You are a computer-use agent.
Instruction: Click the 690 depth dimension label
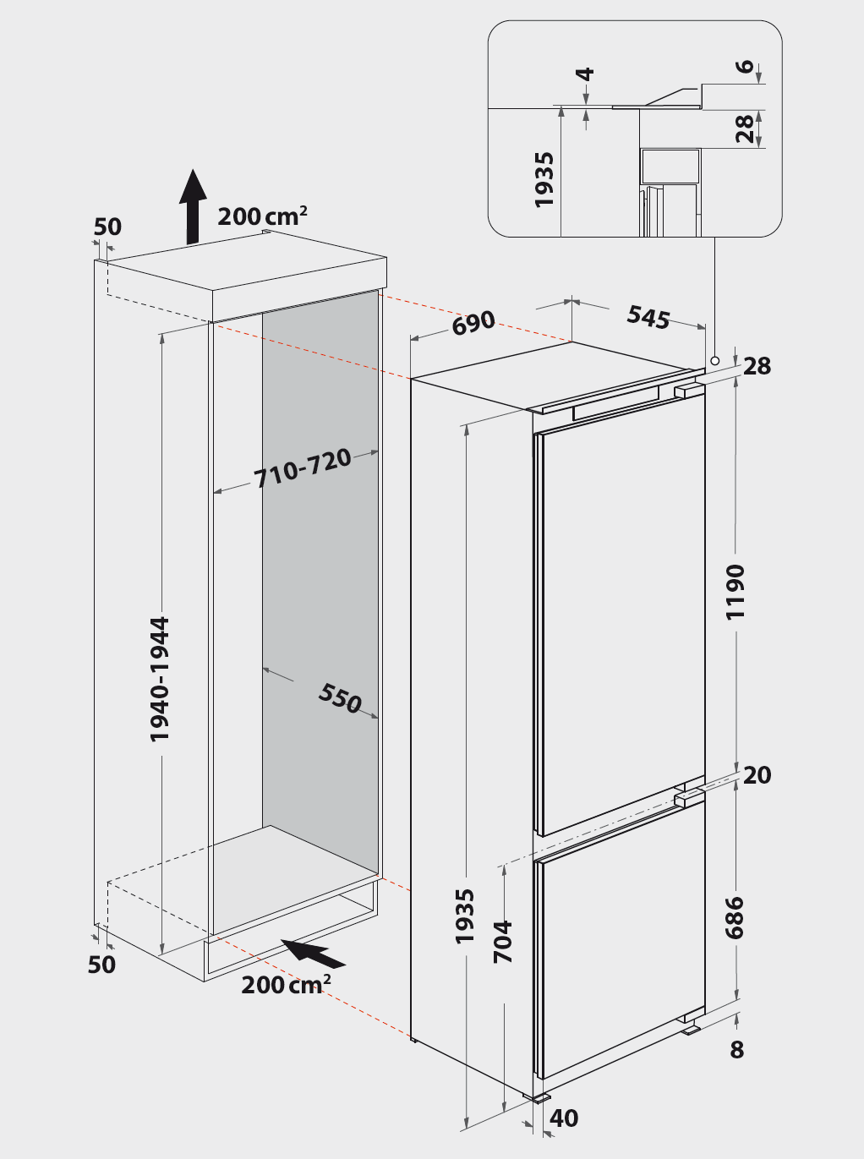click(x=473, y=323)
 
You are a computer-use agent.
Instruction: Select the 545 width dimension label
click(x=648, y=317)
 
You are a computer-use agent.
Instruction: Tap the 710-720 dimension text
click(x=303, y=467)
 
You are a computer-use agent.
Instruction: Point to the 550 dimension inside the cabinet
click(x=340, y=698)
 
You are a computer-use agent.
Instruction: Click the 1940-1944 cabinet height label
click(x=160, y=680)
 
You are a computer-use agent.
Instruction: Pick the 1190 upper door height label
click(x=735, y=592)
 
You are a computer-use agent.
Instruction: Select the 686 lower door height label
click(x=734, y=918)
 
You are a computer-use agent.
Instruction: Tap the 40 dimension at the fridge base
click(x=564, y=1118)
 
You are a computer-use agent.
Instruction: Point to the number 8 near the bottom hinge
click(x=737, y=1050)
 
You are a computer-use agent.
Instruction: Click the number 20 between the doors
click(x=757, y=775)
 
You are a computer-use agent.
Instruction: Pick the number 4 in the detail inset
click(x=585, y=74)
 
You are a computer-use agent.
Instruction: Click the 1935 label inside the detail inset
click(x=544, y=180)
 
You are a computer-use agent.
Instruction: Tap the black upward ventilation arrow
click(x=193, y=206)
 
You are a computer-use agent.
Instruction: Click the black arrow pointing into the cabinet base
click(x=313, y=954)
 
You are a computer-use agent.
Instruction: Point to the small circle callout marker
click(x=714, y=361)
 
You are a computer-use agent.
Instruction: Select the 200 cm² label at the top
click(x=262, y=216)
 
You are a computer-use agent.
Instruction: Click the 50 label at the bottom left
click(x=101, y=965)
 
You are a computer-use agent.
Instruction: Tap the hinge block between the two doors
click(x=686, y=799)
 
